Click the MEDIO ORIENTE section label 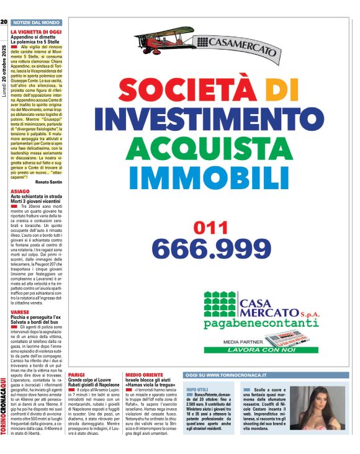tap(145, 376)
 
